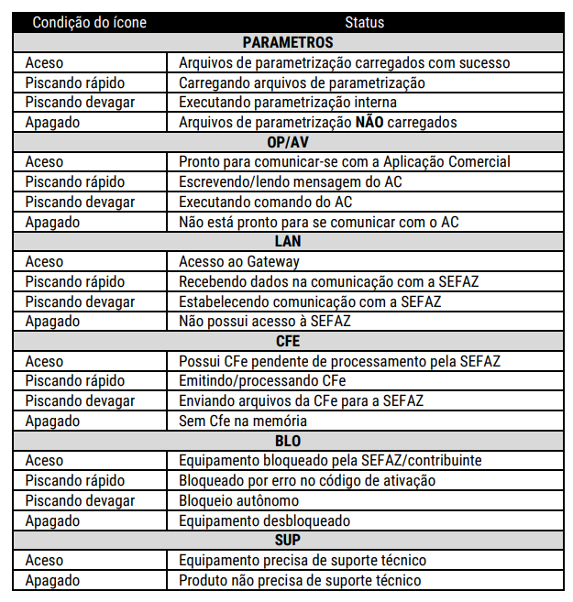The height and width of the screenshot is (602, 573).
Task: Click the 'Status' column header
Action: point(365,23)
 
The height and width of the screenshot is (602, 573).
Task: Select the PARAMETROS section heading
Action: point(288,43)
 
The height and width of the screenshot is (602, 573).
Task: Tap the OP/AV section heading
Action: point(288,142)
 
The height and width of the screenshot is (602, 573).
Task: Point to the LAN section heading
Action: point(288,242)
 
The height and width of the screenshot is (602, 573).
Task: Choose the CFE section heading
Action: point(288,341)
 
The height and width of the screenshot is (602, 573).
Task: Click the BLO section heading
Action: point(288,441)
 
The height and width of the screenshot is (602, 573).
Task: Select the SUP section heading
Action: point(288,540)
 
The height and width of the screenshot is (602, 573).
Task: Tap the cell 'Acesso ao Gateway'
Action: point(239,262)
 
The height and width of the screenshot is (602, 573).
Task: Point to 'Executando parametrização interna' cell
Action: point(288,103)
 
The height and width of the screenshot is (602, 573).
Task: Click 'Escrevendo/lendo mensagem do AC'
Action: point(290,182)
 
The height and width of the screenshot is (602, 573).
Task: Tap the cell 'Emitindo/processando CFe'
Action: point(262,381)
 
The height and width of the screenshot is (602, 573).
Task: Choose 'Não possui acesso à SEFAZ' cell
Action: point(265,322)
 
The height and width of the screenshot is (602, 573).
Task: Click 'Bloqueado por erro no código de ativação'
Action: point(307,480)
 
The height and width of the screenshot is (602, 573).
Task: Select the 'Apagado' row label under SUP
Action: point(52,580)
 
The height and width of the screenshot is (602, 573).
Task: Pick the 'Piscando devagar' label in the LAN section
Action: point(80,301)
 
